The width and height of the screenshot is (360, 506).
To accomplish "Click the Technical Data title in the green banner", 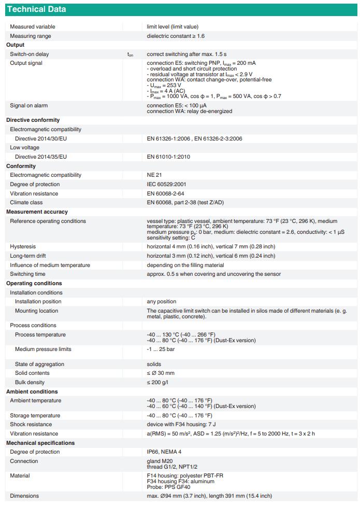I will pyautogui.click(x=36, y=9).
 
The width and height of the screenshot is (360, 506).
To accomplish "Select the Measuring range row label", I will pyautogui.click(x=31, y=36).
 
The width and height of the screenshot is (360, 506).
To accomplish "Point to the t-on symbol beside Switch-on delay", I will pyautogui.click(x=130, y=54).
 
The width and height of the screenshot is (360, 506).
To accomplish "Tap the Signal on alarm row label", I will pyautogui.click(x=29, y=106).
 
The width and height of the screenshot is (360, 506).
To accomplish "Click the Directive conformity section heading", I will pyautogui.click(x=33, y=120).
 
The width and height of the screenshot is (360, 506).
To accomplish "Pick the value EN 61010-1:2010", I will pyautogui.click(x=169, y=157).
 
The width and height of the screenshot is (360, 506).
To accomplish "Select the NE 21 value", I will pyautogui.click(x=154, y=175).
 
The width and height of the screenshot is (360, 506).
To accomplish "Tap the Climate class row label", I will pyautogui.click(x=26, y=203).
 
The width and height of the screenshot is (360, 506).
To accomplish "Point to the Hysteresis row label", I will pyautogui.click(x=23, y=247).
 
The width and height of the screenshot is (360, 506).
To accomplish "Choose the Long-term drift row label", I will pyautogui.click(x=27, y=256).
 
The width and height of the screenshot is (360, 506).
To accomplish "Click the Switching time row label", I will pyautogui.click(x=28, y=274).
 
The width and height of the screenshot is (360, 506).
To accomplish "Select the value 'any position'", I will pyautogui.click(x=162, y=302).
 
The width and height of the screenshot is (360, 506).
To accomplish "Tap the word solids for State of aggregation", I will pyautogui.click(x=154, y=364).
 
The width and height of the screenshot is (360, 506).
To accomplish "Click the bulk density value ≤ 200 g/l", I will pyautogui.click(x=157, y=383).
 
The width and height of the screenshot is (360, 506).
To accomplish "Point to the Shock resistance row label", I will pyautogui.click(x=31, y=425).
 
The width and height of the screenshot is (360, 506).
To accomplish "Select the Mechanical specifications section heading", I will pyautogui.click(x=40, y=443).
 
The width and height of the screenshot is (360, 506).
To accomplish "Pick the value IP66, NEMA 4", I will pyautogui.click(x=164, y=452).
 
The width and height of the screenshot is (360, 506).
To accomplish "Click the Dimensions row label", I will pyautogui.click(x=24, y=496).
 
